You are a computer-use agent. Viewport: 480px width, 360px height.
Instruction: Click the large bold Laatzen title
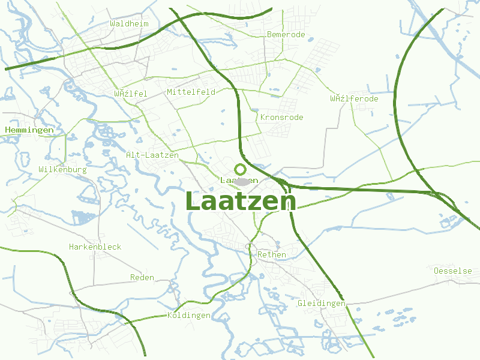(241, 201)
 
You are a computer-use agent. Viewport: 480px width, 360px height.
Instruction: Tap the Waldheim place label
(129, 23)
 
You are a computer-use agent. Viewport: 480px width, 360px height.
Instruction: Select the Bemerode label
(286, 34)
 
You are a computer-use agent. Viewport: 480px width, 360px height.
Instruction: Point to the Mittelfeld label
(191, 92)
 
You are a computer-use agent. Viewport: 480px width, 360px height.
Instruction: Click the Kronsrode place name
(281, 117)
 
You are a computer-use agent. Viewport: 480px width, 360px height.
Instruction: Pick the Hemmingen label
(29, 130)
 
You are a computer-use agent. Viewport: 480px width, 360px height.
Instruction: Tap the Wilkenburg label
(62, 170)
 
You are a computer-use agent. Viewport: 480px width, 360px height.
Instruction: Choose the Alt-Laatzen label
(152, 155)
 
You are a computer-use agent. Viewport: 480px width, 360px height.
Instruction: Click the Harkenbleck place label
(95, 247)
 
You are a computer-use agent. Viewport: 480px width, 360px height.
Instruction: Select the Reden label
(142, 277)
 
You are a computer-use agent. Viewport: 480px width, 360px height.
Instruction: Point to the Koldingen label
(188, 315)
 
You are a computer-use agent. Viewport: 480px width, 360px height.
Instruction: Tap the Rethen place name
(271, 254)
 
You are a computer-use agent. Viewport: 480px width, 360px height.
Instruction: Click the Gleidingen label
(322, 303)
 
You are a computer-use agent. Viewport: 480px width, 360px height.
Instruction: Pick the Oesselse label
(452, 271)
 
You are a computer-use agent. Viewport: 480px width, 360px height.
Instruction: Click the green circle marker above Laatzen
(241, 169)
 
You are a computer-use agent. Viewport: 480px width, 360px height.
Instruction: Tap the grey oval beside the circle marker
(242, 181)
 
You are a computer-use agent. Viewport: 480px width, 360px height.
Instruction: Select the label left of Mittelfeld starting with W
(130, 94)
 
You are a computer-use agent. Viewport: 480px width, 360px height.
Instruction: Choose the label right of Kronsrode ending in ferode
(354, 98)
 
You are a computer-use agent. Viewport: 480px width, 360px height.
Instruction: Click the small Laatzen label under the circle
(239, 180)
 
